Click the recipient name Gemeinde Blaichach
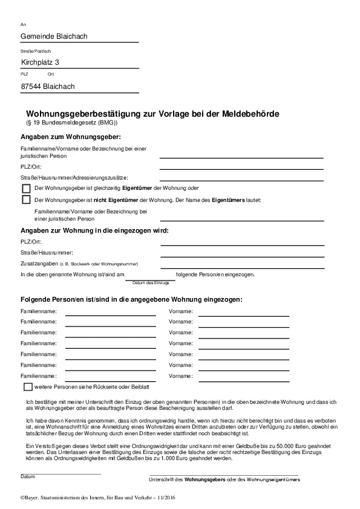pyautogui.click(x=54, y=37)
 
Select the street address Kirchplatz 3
pyautogui.click(x=40, y=62)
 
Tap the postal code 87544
pyautogui.click(x=31, y=86)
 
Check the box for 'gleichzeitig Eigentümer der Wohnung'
pyautogui.click(x=26, y=188)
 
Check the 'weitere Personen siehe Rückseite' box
pyautogui.click(x=28, y=386)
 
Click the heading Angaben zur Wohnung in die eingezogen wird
pyautogui.click(x=94, y=230)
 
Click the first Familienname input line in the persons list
pyautogui.click(x=110, y=315)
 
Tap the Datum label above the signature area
pyautogui.click(x=27, y=476)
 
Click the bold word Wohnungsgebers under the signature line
pyautogui.click(x=204, y=479)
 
